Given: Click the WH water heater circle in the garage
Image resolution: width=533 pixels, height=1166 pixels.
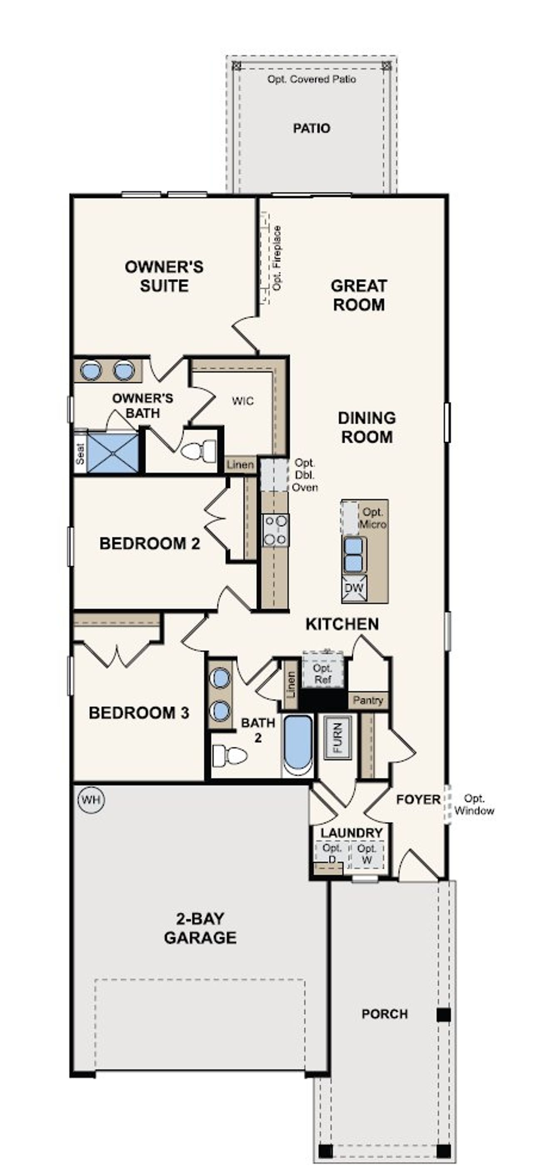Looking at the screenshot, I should coord(91,799).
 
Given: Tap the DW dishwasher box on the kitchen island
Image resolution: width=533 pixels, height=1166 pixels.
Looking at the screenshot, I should coord(354,588).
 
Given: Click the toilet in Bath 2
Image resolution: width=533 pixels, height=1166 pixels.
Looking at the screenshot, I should coord(230,756).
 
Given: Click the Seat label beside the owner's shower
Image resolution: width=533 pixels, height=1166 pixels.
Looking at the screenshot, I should coord(80,453).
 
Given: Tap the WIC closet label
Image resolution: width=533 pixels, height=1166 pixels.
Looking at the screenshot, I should coord(242,400).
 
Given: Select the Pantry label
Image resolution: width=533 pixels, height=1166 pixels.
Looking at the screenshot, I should coord(368,700).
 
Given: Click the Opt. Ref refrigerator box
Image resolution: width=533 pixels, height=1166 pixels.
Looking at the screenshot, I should coord(323,673).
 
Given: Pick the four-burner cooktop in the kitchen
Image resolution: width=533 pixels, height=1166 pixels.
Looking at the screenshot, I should coord(276,530).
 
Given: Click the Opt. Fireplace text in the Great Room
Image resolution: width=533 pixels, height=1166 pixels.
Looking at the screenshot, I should coord(277,258).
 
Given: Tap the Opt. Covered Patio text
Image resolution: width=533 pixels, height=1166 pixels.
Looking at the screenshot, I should coord(311,79).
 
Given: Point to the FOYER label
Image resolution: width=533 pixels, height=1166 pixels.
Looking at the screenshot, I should coord(418,799).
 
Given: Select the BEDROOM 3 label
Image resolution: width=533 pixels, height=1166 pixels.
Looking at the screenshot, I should coord(139,713).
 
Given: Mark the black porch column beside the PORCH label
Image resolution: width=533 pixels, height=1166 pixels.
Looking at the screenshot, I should coord(443,1014).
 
